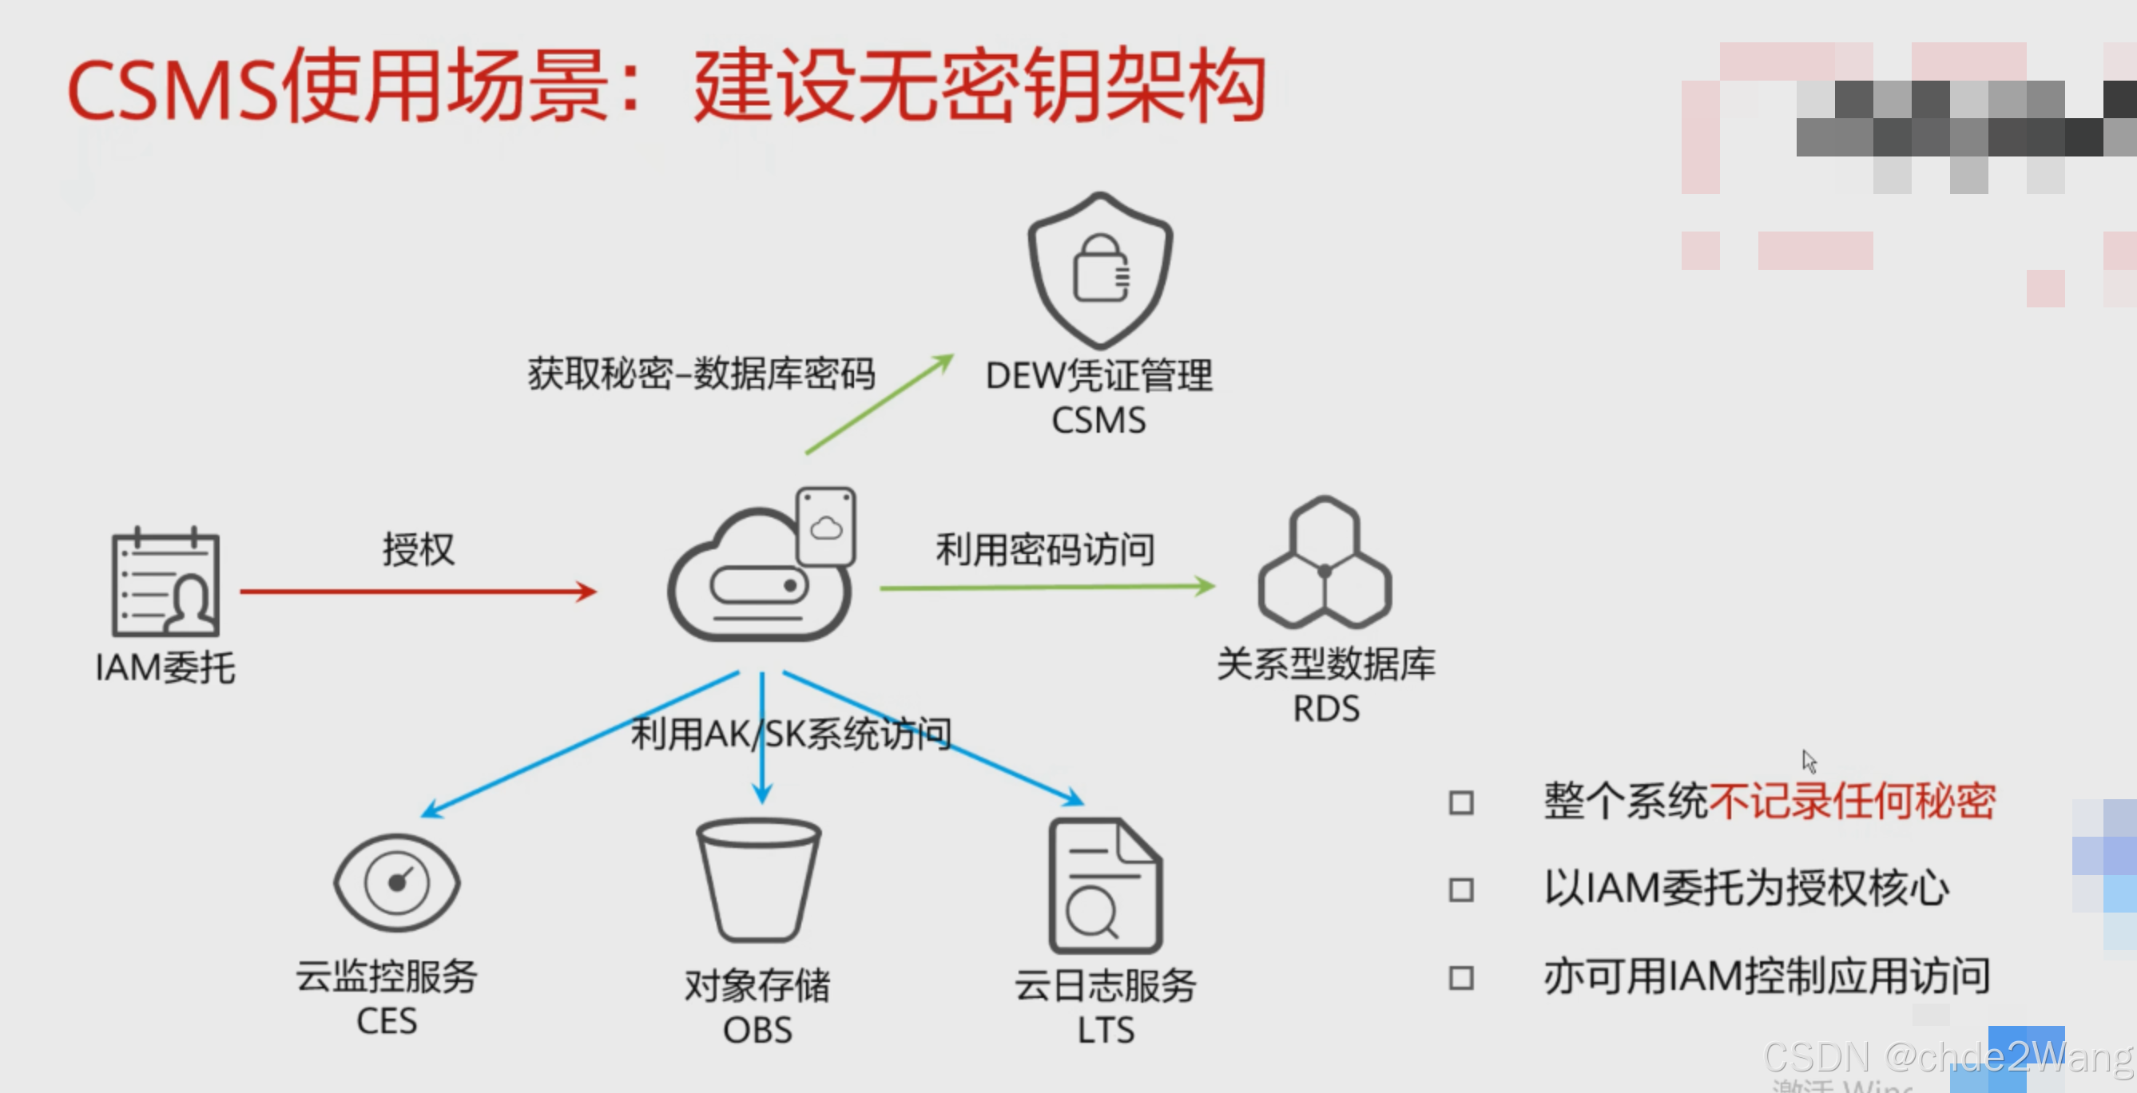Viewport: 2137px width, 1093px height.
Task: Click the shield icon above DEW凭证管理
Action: click(1099, 271)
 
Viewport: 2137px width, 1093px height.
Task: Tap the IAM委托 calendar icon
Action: click(166, 583)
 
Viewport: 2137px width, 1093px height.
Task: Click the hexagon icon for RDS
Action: click(1324, 564)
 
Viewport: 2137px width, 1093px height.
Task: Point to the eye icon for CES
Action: click(396, 882)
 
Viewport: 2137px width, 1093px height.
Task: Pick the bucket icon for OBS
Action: click(758, 879)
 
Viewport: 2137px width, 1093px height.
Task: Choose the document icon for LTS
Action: click(1105, 885)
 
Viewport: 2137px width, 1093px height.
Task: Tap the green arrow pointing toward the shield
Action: click(880, 405)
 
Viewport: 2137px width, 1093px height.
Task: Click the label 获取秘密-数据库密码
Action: click(701, 374)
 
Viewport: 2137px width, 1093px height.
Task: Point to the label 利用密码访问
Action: click(1044, 550)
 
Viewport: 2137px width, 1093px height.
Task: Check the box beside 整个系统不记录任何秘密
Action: click(1461, 802)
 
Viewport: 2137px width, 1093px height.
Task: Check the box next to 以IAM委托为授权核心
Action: click(1461, 890)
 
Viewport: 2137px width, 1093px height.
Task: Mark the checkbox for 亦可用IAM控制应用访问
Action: click(1461, 978)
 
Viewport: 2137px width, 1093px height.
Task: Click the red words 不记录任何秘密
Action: click(1852, 801)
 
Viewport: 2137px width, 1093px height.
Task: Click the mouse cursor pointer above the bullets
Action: click(1809, 760)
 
